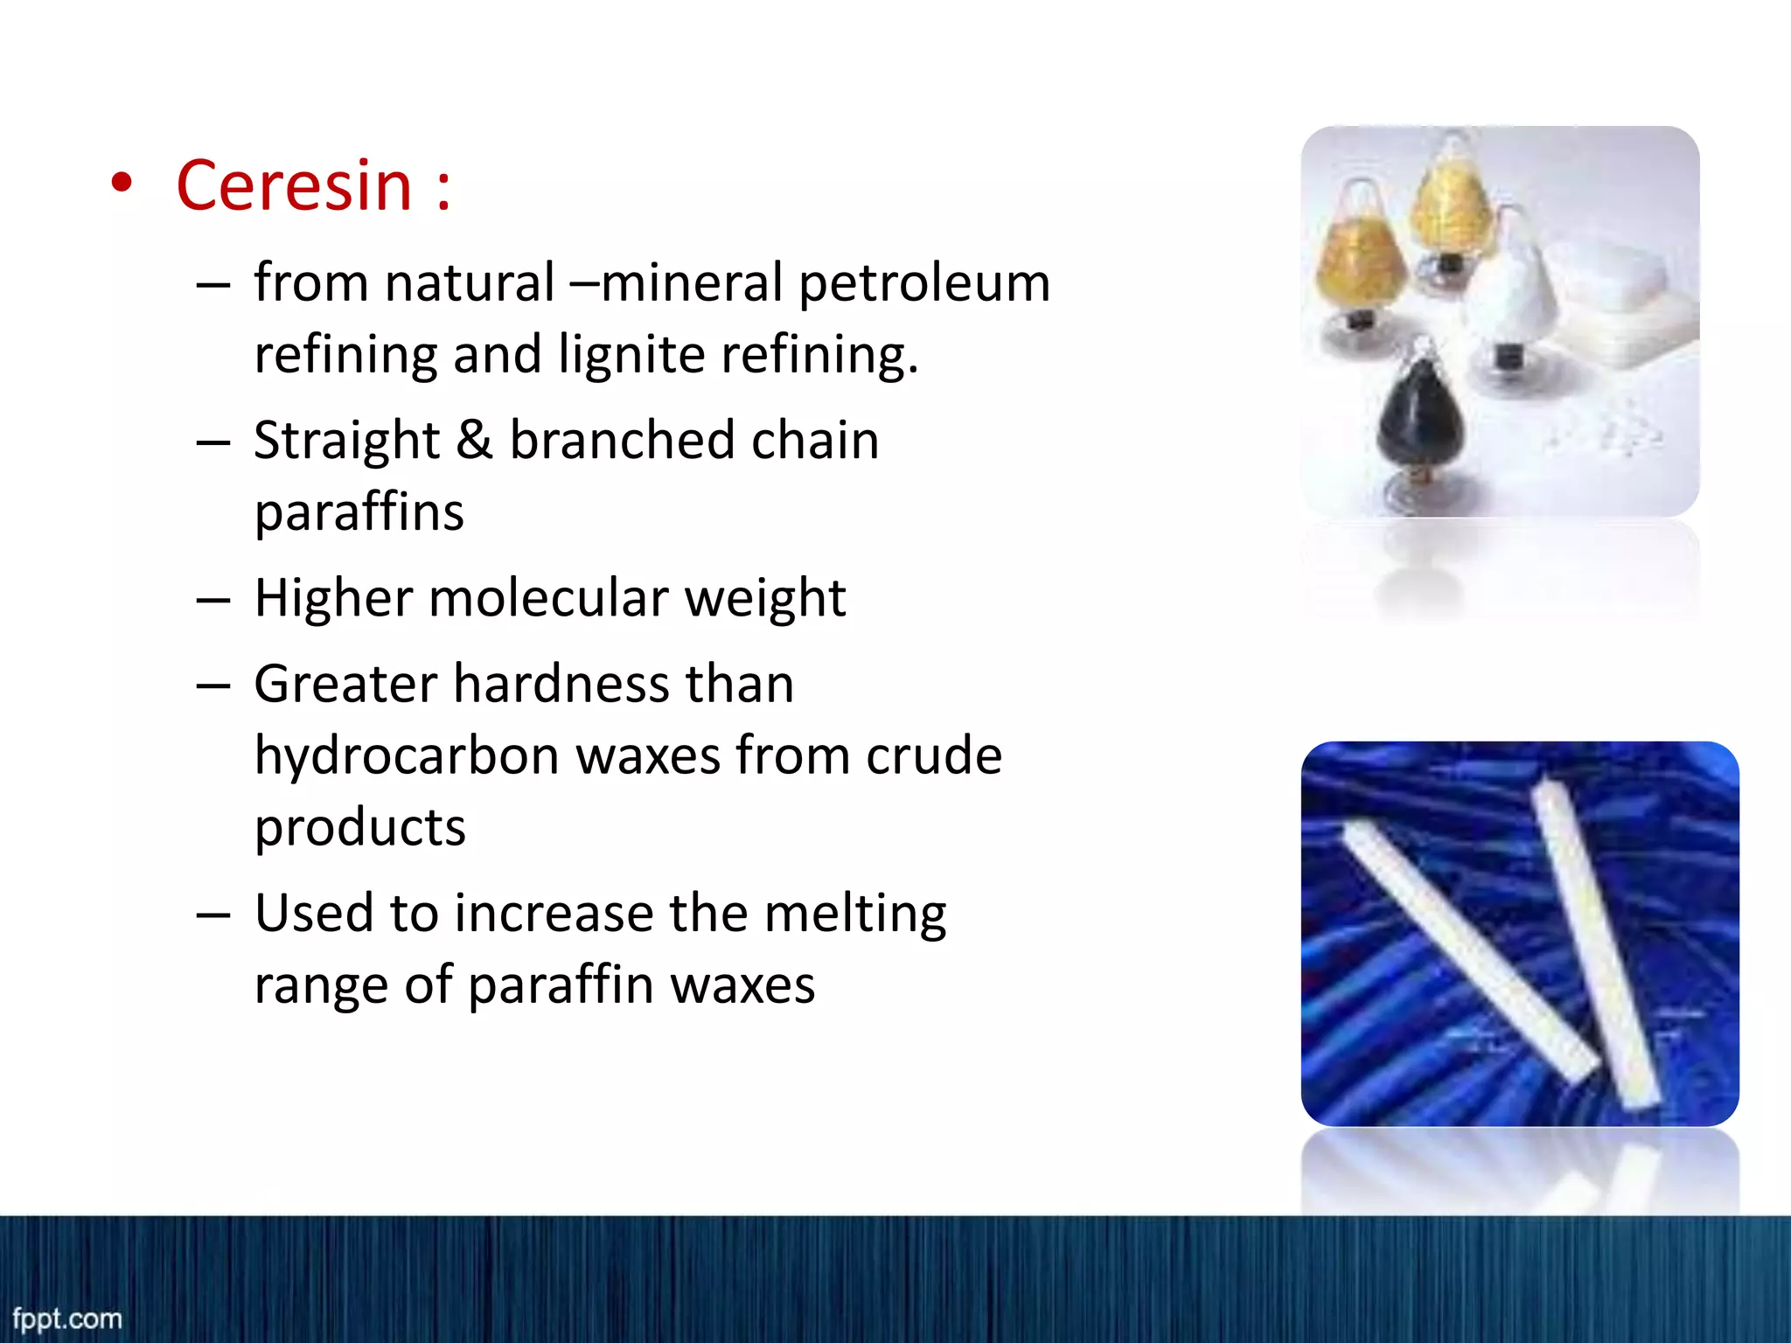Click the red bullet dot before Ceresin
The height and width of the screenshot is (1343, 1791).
[122, 184]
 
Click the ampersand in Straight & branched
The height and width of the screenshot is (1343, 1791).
[474, 440]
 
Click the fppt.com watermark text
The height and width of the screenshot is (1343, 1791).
[67, 1319]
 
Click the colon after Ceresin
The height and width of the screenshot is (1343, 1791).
[443, 188]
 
